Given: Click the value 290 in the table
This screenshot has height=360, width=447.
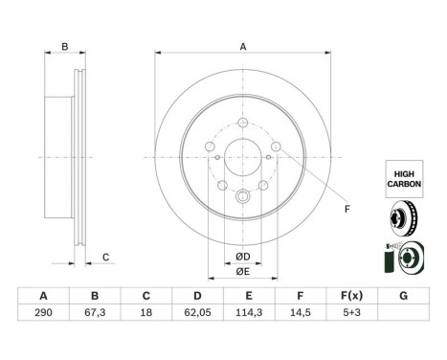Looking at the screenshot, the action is (x=43, y=312).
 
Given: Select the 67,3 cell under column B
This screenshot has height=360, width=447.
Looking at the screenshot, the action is (x=95, y=312).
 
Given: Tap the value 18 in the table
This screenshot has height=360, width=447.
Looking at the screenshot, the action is (x=146, y=312).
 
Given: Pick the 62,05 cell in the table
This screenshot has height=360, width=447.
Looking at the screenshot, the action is (x=197, y=312).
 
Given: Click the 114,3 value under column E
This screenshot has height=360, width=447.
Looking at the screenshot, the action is (x=249, y=312).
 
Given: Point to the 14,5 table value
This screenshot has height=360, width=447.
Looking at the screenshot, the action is (x=301, y=312).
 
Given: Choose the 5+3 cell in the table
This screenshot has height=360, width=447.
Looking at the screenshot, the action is (x=351, y=312).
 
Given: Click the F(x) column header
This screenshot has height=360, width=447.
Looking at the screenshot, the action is (x=351, y=296).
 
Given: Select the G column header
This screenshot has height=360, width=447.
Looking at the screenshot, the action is (x=403, y=296).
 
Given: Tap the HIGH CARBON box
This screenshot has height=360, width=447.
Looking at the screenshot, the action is (x=404, y=179).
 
